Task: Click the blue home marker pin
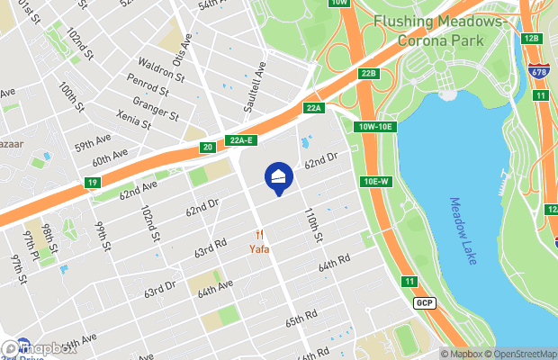(278, 178)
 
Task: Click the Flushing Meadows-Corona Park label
(429, 30)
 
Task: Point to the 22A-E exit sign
(242, 141)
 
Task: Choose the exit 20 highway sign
(208, 147)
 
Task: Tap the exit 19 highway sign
(94, 183)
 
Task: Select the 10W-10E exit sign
(375, 127)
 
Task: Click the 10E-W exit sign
(376, 181)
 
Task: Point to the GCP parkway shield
(426, 303)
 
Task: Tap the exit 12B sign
(530, 38)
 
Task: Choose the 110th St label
(312, 225)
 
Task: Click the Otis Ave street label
(187, 41)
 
